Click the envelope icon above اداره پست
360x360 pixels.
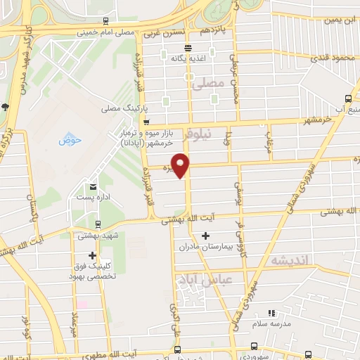(x=93, y=186)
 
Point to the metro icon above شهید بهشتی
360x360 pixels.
(x=97, y=225)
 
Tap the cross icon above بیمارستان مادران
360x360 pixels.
(x=205, y=236)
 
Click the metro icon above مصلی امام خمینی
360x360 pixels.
(x=105, y=20)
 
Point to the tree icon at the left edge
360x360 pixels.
(x=5, y=107)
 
